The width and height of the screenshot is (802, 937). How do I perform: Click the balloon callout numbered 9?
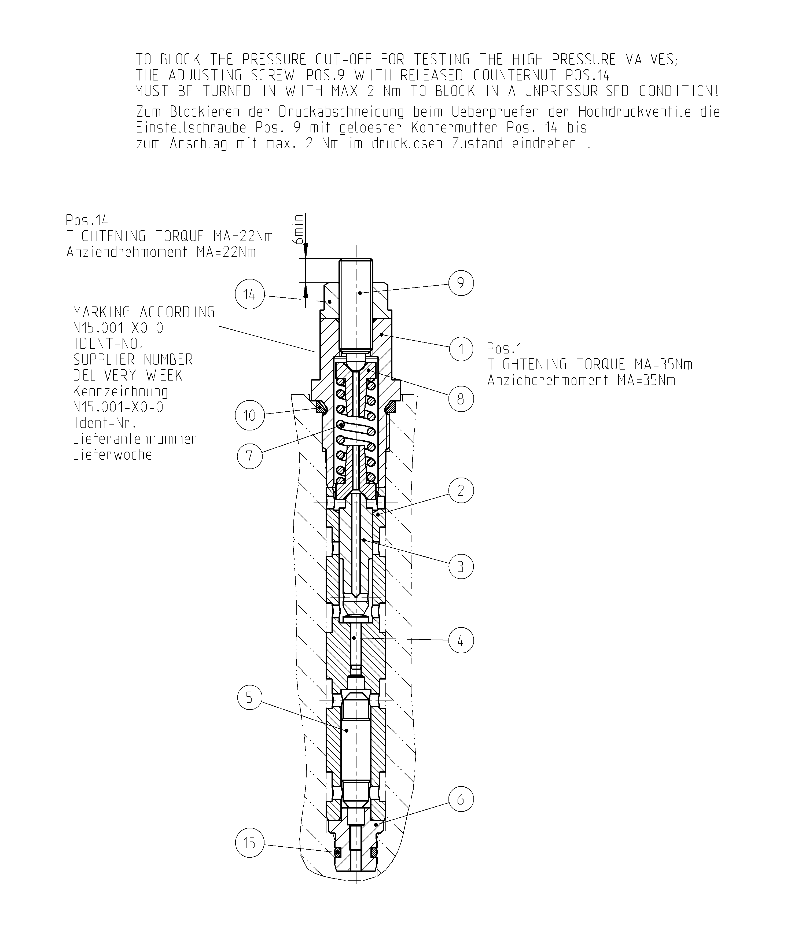[x=461, y=283]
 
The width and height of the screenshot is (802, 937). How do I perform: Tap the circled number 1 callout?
[x=461, y=349]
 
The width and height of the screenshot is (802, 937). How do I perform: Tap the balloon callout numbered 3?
[x=461, y=567]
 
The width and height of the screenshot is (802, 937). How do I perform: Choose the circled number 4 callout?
[x=461, y=640]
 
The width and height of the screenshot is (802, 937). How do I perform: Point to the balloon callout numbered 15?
[x=249, y=843]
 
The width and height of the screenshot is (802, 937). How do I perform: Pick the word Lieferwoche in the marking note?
[x=113, y=455]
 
